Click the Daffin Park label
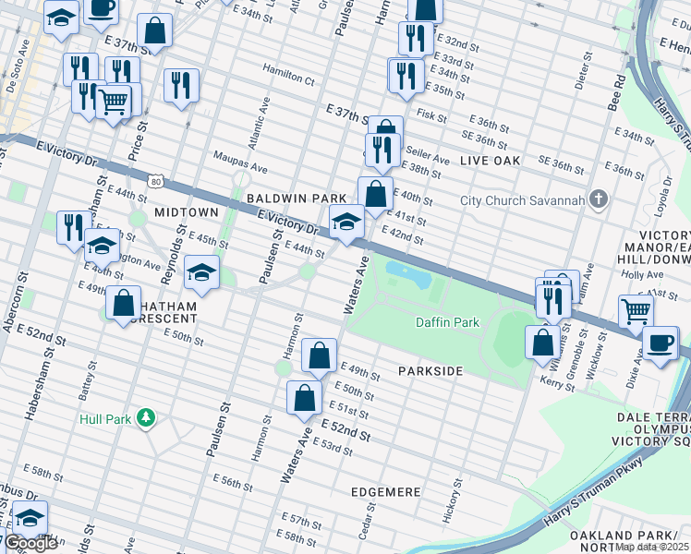447,322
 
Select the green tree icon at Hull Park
145,418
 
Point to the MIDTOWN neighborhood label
186,211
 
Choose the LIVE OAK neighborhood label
490,160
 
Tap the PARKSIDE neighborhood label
430,370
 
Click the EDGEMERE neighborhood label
386,492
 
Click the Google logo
30,543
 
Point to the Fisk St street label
431,117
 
